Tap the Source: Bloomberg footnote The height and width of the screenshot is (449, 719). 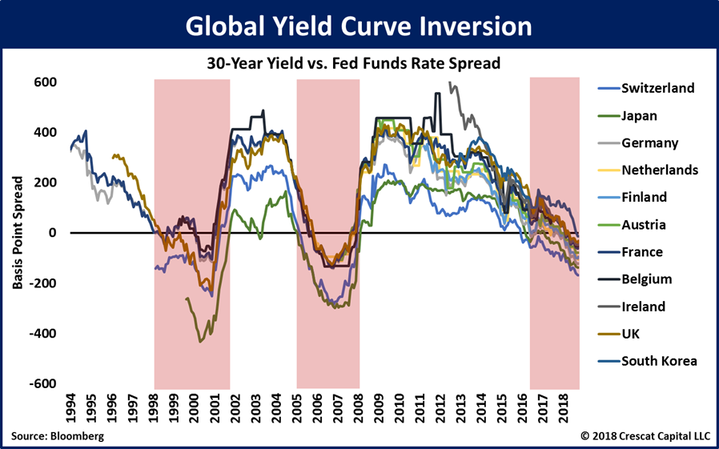click(x=58, y=436)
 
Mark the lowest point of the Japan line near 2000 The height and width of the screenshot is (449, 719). click(x=201, y=342)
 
